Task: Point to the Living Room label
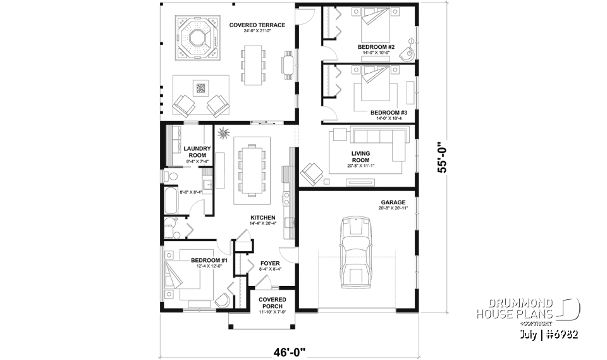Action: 360,157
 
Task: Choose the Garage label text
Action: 393,202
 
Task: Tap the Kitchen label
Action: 262,217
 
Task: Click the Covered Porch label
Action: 273,302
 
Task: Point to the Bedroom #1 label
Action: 209,260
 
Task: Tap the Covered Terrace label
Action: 257,25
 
